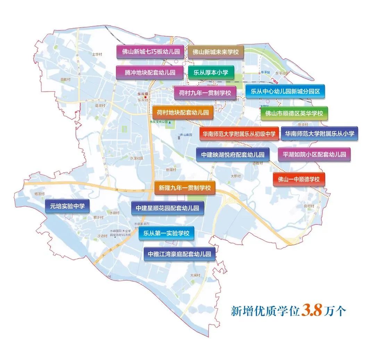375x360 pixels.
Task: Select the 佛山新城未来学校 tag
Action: point(216,52)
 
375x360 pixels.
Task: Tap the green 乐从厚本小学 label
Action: point(211,72)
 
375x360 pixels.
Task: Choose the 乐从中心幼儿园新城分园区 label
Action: point(285,92)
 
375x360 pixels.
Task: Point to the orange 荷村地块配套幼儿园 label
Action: point(183,113)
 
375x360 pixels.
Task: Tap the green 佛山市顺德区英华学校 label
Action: point(294,113)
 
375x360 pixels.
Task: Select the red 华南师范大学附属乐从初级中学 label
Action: point(239,134)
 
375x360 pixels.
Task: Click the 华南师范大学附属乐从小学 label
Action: point(319,134)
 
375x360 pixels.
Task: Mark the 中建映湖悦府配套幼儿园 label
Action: point(233,154)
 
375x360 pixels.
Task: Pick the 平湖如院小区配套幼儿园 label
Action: point(314,154)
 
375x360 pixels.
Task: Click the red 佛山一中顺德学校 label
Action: point(299,179)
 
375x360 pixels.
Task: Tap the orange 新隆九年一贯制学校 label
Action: point(185,188)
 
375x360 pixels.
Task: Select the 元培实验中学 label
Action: point(67,206)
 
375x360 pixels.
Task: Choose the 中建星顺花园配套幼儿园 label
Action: point(167,208)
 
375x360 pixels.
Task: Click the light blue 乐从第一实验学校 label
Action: point(166,233)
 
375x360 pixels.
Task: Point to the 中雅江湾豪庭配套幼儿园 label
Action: point(180,254)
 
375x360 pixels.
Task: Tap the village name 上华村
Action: point(97,54)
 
